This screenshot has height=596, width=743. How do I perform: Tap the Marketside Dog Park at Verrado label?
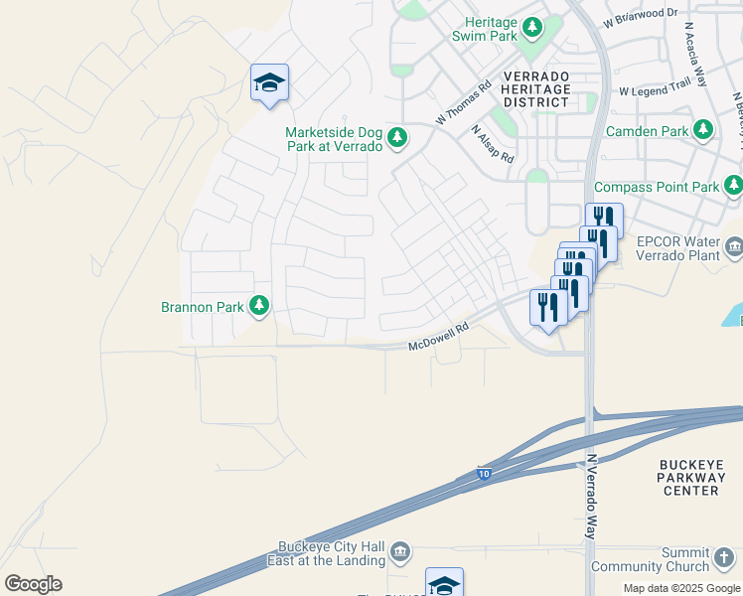pyautogui.click(x=334, y=139)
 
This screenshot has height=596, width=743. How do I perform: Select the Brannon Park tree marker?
pyautogui.click(x=259, y=306)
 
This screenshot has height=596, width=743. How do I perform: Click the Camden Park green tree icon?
pyautogui.click(x=704, y=130)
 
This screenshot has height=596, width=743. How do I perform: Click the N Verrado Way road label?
pyautogui.click(x=591, y=496)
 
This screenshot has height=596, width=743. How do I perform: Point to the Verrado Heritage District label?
pyautogui.click(x=536, y=89)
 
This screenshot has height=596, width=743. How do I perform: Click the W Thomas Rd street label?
pyautogui.click(x=464, y=103)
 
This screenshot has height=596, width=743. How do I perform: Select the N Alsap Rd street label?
pyautogui.click(x=492, y=144)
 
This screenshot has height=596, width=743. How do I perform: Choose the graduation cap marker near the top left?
pyautogui.click(x=269, y=83)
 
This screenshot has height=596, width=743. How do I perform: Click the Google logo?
pyautogui.click(x=33, y=584)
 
